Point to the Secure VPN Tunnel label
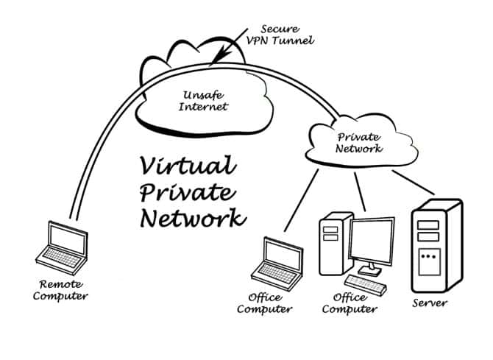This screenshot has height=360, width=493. (283, 34)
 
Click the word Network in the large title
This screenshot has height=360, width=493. (193, 219)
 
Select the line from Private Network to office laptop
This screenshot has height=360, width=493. (301, 199)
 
